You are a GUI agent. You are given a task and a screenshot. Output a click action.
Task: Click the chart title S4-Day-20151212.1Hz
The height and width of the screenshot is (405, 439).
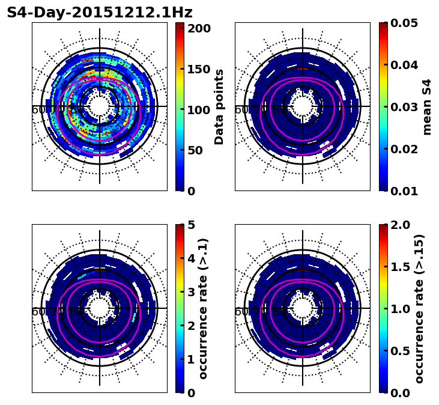(x=100, y=13)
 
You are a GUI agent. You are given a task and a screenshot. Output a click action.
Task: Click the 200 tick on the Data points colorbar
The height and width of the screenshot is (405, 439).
(x=198, y=28)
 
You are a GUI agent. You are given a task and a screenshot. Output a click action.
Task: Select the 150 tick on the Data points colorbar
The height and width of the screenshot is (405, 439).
(x=198, y=69)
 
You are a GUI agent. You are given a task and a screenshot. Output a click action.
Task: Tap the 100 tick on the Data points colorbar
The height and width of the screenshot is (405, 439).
(x=198, y=110)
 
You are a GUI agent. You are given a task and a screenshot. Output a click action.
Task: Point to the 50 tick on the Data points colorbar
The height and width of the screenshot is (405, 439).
(x=195, y=150)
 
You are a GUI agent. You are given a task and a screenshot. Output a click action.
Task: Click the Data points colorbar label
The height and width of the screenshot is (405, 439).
(x=219, y=107)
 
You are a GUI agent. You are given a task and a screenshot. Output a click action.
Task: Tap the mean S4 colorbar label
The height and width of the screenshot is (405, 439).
(x=427, y=107)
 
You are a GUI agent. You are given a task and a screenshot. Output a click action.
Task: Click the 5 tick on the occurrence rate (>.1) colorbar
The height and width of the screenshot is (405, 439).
(x=191, y=225)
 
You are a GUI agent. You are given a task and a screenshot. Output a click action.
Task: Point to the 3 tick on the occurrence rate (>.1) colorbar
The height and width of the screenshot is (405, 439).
(x=191, y=292)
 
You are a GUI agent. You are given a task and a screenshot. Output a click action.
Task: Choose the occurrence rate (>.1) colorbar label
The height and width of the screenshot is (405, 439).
(x=204, y=309)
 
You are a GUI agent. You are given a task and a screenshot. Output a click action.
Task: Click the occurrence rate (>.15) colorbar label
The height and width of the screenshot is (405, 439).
(x=419, y=309)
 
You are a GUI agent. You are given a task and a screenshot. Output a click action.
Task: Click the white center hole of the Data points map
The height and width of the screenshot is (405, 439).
(x=100, y=106)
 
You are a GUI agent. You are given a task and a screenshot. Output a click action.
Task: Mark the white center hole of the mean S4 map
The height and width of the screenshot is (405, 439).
(x=303, y=106)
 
